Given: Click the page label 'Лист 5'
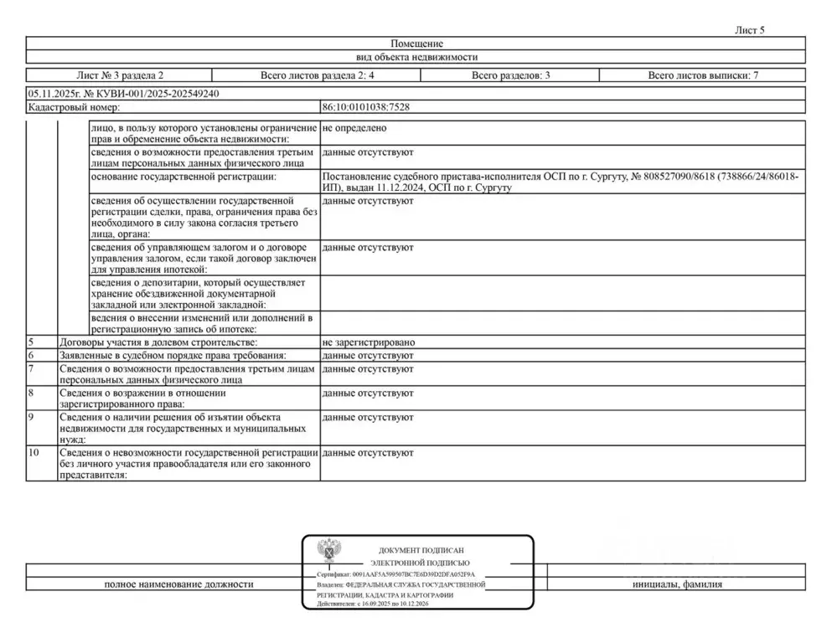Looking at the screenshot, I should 749,30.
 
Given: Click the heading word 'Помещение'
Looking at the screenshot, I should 416,44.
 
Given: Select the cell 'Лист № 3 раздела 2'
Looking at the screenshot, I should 120,75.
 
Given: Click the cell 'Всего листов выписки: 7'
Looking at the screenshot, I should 703,75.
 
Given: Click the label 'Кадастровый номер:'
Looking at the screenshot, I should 74,107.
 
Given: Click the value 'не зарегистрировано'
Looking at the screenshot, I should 369,343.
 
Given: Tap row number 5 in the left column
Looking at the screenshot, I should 31,343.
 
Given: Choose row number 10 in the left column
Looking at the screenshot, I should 34,453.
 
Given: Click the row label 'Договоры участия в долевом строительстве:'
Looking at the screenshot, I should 158,343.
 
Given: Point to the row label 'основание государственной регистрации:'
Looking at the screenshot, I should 183,177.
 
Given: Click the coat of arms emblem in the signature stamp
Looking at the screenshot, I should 328,552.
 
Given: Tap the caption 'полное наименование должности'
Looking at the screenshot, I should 178,584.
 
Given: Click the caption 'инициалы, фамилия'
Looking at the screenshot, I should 677,584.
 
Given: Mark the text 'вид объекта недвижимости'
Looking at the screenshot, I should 416,57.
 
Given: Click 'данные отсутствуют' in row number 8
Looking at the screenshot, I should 368,392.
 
